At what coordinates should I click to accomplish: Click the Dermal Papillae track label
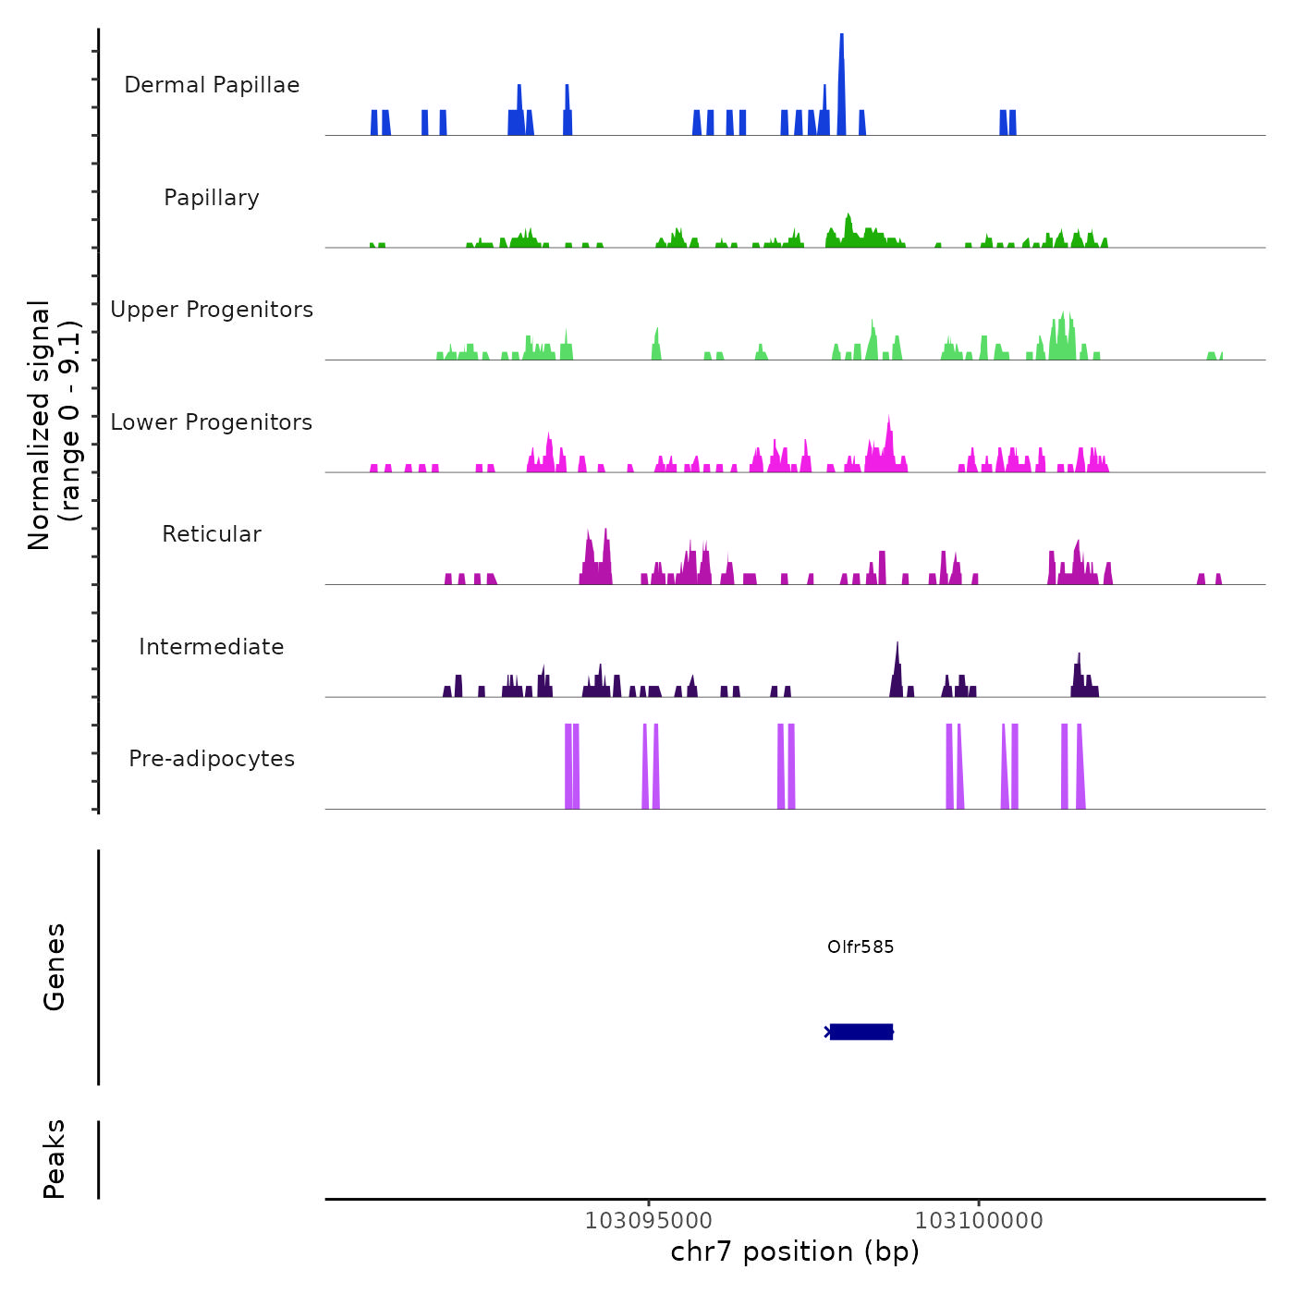pyautogui.click(x=212, y=85)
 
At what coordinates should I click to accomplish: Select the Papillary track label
pyautogui.click(x=212, y=198)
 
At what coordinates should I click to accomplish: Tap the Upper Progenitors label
pyautogui.click(x=212, y=310)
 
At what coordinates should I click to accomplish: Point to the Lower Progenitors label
pyautogui.click(x=212, y=422)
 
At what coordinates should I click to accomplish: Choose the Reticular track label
pyautogui.click(x=212, y=534)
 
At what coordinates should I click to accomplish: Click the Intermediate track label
pyautogui.click(x=212, y=647)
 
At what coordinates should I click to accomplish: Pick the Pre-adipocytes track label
pyautogui.click(x=212, y=759)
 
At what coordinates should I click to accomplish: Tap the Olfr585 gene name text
pyautogui.click(x=861, y=946)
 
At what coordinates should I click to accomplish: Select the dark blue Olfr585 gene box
pyautogui.click(x=861, y=1032)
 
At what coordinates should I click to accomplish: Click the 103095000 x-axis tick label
pyautogui.click(x=649, y=1221)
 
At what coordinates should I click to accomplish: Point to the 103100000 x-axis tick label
pyautogui.click(x=979, y=1221)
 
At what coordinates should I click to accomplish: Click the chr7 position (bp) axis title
pyautogui.click(x=795, y=1251)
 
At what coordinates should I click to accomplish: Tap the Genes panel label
pyautogui.click(x=55, y=967)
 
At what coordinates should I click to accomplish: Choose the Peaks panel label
pyautogui.click(x=55, y=1159)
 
